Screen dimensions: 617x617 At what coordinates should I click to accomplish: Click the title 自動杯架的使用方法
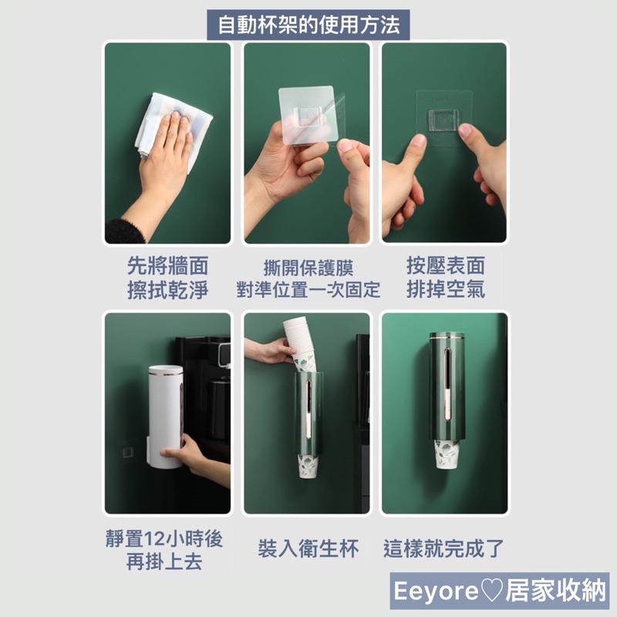click(x=308, y=25)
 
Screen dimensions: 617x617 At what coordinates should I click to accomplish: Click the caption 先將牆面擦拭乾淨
click(x=167, y=279)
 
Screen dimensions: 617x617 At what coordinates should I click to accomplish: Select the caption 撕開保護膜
click(x=308, y=268)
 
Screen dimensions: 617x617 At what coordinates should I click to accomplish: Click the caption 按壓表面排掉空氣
click(x=446, y=279)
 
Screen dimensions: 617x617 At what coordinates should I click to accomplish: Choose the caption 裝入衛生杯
click(x=308, y=549)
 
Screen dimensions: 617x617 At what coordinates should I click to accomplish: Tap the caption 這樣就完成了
click(x=445, y=549)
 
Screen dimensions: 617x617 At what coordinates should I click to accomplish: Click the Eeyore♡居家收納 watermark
click(x=500, y=592)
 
